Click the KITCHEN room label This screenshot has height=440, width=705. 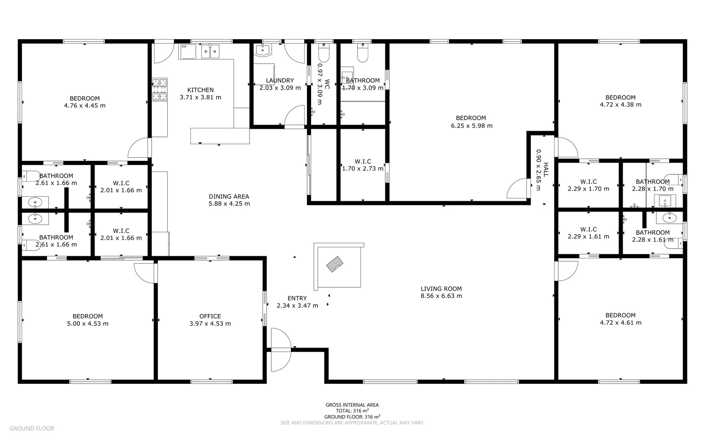pos(200,90)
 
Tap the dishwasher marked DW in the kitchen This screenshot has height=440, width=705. pos(187,52)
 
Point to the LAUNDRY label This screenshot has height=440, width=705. pos(280,81)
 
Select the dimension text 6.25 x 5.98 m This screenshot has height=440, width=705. pos(471,126)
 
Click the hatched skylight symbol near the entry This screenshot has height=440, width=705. pos(334,264)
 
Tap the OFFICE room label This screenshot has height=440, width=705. pos(210,316)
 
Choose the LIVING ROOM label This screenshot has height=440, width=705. pos(441,289)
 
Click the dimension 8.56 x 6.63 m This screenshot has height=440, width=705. pos(441,296)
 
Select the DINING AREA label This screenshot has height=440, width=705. pos(229,196)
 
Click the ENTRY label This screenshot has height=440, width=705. pos(297,298)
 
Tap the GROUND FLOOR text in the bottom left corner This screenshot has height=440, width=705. pos(31,428)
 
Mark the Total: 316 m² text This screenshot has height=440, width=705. pos(352,411)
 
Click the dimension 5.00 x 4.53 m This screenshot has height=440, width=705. pos(88,324)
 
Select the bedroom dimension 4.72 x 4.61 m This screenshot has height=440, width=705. pos(620,323)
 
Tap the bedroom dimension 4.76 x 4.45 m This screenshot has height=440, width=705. pos(84,106)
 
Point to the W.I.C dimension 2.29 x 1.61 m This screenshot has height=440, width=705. pos(588,237)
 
